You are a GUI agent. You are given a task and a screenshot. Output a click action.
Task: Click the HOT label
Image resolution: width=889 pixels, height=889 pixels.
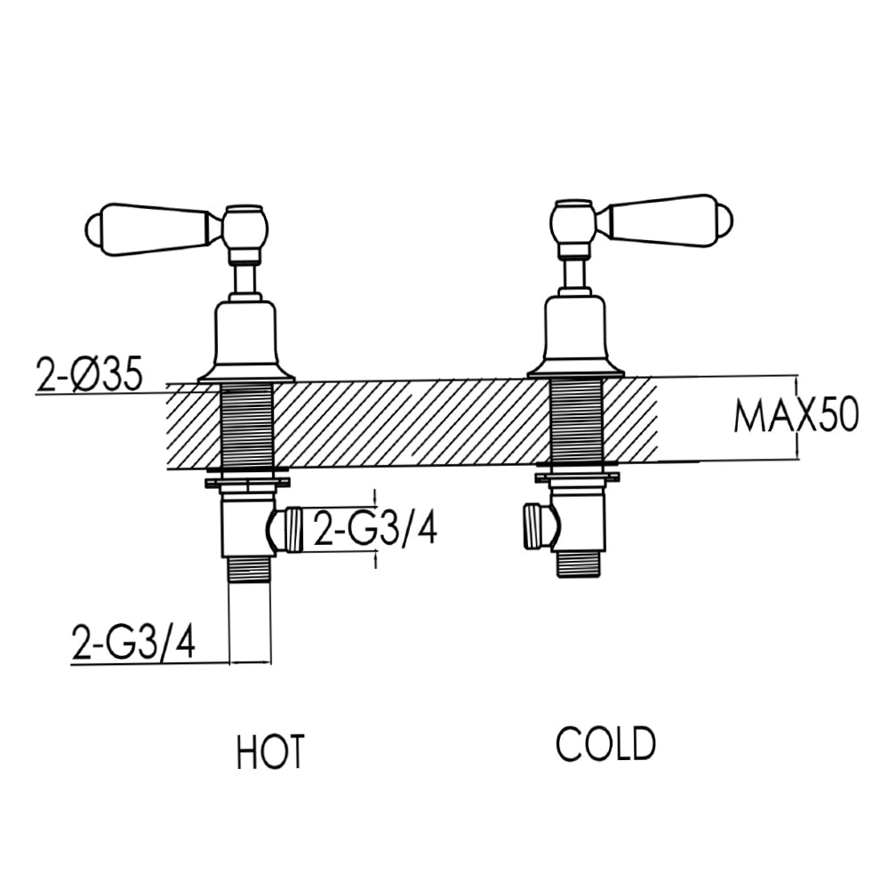(x=270, y=751)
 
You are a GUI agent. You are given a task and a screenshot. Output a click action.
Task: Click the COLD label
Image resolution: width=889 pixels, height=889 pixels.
(x=605, y=744)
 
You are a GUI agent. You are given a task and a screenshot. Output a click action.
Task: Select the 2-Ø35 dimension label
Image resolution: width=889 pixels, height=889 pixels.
(x=89, y=375)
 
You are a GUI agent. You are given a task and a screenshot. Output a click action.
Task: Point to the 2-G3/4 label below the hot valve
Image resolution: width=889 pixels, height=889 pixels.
(x=133, y=644)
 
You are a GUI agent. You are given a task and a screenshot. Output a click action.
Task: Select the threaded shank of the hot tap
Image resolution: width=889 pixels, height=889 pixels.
(x=246, y=425)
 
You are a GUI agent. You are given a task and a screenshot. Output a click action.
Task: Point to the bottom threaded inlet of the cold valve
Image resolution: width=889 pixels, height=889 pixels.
(x=581, y=563)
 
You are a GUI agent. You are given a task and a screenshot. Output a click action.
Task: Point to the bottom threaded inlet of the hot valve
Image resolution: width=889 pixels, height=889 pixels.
(x=250, y=569)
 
